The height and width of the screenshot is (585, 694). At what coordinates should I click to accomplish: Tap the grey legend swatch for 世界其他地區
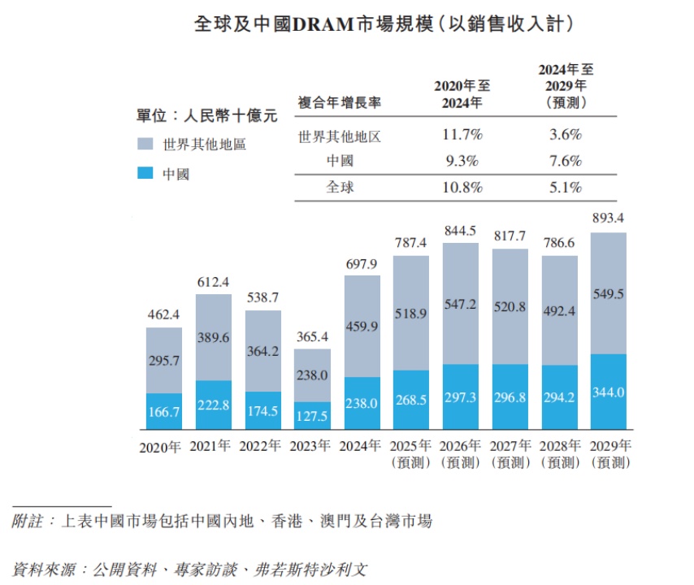click(145, 145)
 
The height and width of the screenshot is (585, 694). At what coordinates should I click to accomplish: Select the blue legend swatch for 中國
click(145, 173)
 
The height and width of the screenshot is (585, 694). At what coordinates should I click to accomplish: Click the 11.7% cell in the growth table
click(462, 134)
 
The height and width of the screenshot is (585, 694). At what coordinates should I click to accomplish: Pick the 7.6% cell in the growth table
click(566, 160)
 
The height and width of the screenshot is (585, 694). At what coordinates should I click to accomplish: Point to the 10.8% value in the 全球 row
click(462, 187)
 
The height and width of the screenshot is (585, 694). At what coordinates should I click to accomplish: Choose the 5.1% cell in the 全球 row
click(566, 187)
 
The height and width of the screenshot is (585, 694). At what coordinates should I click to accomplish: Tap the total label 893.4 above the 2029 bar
click(609, 218)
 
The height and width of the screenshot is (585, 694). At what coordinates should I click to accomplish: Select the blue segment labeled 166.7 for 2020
click(164, 412)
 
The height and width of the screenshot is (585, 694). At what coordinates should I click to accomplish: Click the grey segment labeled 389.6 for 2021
click(214, 337)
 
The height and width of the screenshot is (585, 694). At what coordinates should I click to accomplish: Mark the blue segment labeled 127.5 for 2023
click(312, 416)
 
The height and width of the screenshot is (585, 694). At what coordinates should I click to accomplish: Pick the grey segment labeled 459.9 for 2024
click(362, 327)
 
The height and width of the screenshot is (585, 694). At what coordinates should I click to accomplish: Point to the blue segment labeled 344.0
click(609, 392)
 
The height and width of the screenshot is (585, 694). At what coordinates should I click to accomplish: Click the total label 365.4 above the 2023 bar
click(312, 336)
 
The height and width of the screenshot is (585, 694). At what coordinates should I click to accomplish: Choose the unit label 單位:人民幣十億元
click(206, 115)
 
